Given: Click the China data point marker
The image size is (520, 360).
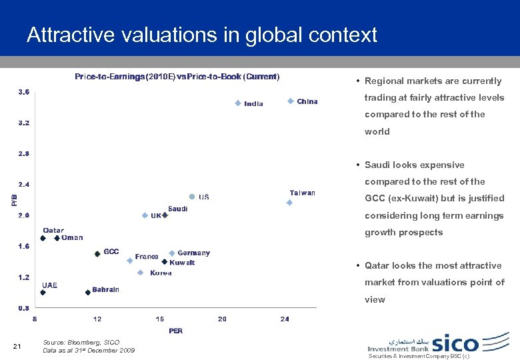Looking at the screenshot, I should (291, 101).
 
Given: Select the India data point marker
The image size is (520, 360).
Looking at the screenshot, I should (237, 103).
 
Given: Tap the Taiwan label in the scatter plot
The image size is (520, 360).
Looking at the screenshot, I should (302, 193).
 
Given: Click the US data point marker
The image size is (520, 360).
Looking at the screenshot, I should (192, 197).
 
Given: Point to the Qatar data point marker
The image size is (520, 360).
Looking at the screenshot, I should (42, 238).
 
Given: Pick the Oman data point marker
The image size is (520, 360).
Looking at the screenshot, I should (57, 238).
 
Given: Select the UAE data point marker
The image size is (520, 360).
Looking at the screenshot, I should (43, 292).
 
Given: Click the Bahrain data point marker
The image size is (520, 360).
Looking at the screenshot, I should (87, 292).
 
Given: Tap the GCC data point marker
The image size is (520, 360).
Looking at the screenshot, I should (97, 253).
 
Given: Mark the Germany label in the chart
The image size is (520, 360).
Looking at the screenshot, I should (193, 253).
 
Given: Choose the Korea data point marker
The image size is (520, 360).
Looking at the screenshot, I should (140, 273).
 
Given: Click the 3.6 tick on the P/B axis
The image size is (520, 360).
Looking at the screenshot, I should (23, 91).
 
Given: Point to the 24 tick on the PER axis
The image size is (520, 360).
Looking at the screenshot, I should (285, 319).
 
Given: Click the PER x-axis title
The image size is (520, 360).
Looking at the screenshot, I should (175, 331).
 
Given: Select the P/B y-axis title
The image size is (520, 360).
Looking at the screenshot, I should (15, 199).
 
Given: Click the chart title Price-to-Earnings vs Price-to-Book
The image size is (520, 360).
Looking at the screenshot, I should (177, 77).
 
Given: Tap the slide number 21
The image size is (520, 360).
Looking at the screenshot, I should (18, 345).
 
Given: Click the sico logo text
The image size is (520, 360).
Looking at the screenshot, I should (455, 343).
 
